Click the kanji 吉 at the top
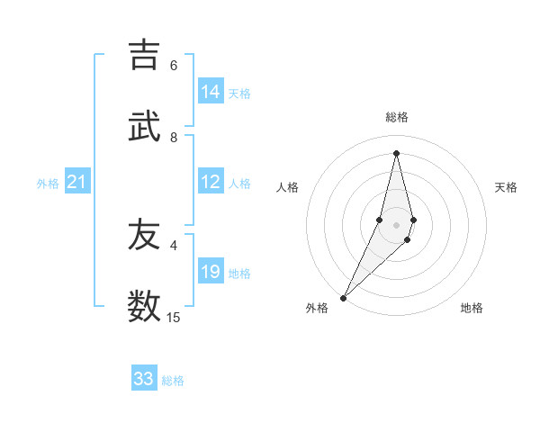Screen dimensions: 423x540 pos(145,55)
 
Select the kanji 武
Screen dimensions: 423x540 pos(145,127)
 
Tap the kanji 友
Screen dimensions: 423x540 pos(145,235)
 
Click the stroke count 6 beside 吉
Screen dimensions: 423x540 pos(174,65)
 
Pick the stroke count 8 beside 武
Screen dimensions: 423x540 pos(174,137)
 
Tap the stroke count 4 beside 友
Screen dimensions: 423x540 pos(174,245)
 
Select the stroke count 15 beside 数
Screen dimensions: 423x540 pos(174,317)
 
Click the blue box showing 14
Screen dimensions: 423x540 pos(211,92)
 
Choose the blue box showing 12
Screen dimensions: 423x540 pos(211,182)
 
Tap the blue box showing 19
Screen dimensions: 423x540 pos(211,272)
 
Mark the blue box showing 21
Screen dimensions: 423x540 pos(77,182)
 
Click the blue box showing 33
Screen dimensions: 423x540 pos(144,379)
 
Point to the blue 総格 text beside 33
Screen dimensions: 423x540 pos(173,381)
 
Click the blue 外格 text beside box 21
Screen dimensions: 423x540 pos(48,184)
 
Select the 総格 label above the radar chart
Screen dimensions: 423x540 pos(396,117)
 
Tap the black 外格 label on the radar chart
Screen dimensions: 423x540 pos(317,308)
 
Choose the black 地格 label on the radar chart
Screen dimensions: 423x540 pos(472,308)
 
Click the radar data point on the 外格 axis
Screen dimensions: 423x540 pos(343,297)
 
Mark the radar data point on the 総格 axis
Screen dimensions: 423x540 pos(396,153)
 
